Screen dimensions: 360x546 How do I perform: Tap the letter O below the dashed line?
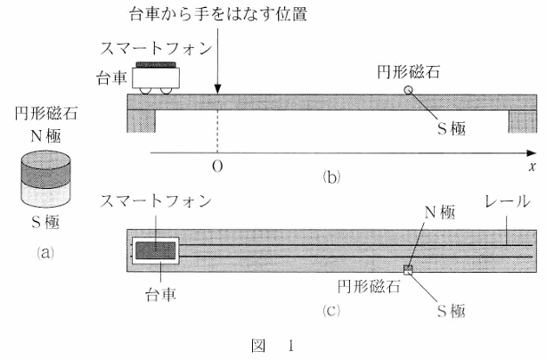pyautogui.click(x=216, y=167)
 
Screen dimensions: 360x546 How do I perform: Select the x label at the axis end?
pyautogui.click(x=529, y=167)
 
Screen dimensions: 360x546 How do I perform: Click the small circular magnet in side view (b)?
pyautogui.click(x=409, y=90)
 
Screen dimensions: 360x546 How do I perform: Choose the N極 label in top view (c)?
pyautogui.click(x=439, y=213)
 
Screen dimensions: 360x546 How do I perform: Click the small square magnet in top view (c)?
pyautogui.click(x=409, y=270)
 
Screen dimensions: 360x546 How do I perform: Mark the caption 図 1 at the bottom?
pyautogui.click(x=272, y=344)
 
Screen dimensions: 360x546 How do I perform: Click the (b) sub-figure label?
pyautogui.click(x=331, y=176)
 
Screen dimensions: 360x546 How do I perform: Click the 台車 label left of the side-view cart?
pyautogui.click(x=112, y=78)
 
